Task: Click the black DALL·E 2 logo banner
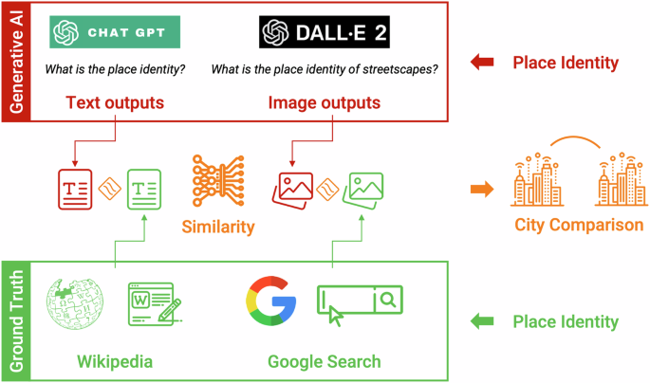click(x=325, y=33)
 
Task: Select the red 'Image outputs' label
click(x=325, y=102)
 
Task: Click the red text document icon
click(x=75, y=186)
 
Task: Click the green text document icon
click(x=145, y=187)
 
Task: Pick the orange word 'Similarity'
click(x=219, y=227)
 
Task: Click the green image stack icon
click(x=363, y=187)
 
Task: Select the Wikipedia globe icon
click(x=73, y=302)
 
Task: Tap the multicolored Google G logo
click(x=269, y=302)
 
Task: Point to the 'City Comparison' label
click(x=579, y=226)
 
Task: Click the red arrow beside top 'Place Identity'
click(x=483, y=64)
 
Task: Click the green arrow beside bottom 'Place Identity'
click(x=483, y=321)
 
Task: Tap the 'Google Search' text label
click(x=324, y=361)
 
